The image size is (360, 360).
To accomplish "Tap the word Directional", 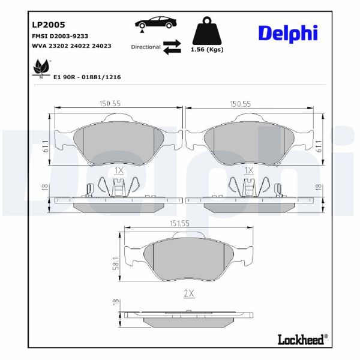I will tap(145, 47).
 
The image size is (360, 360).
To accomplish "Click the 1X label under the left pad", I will tap(118, 170).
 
